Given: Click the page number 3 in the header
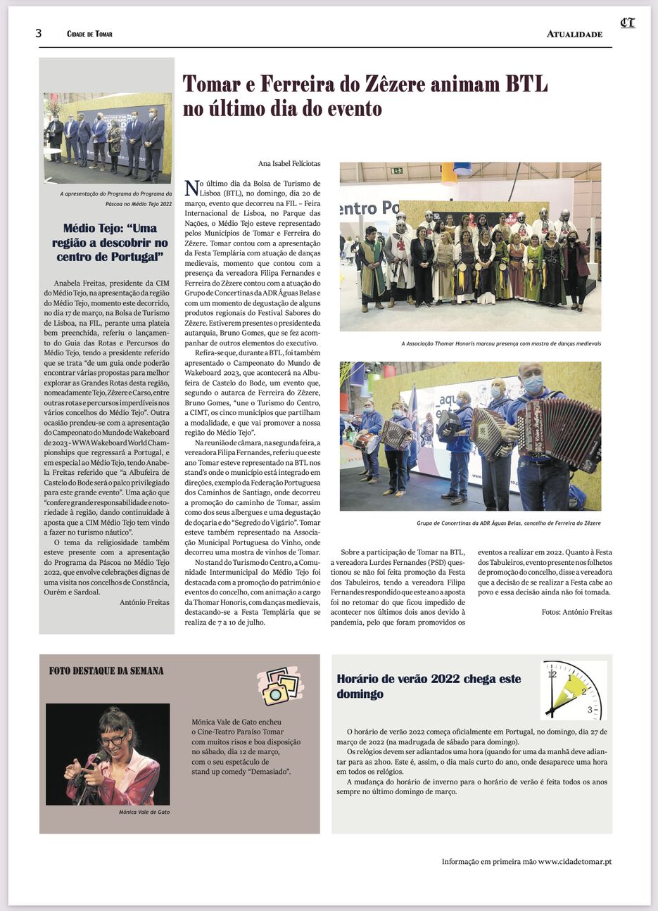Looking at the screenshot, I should pos(39,34).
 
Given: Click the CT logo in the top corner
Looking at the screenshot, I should pos(627,23).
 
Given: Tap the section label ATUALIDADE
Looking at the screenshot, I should pos(574,34).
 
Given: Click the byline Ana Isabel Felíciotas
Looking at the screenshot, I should pos(289,164).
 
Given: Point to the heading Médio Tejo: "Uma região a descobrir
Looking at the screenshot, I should pos(110,242).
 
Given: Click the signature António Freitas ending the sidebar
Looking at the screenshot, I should pos(144,602).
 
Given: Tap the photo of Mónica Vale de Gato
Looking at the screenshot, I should pos(108,753).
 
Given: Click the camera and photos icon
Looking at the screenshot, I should pos(280,685).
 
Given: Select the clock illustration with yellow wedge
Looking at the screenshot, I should pos(574,690).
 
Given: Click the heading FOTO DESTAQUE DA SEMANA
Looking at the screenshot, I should pos(106,671).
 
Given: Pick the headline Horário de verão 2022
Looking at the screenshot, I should pos(429,686).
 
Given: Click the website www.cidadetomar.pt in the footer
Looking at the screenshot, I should pos(574,862).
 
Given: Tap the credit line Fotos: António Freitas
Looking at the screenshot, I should pos(576,612).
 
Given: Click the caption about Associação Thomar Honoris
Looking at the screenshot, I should pos(500,344).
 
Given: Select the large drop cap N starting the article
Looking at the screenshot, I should pos(191,188).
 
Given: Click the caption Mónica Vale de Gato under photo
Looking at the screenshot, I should pos(144,812).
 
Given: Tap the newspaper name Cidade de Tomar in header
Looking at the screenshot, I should pos(89,34).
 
